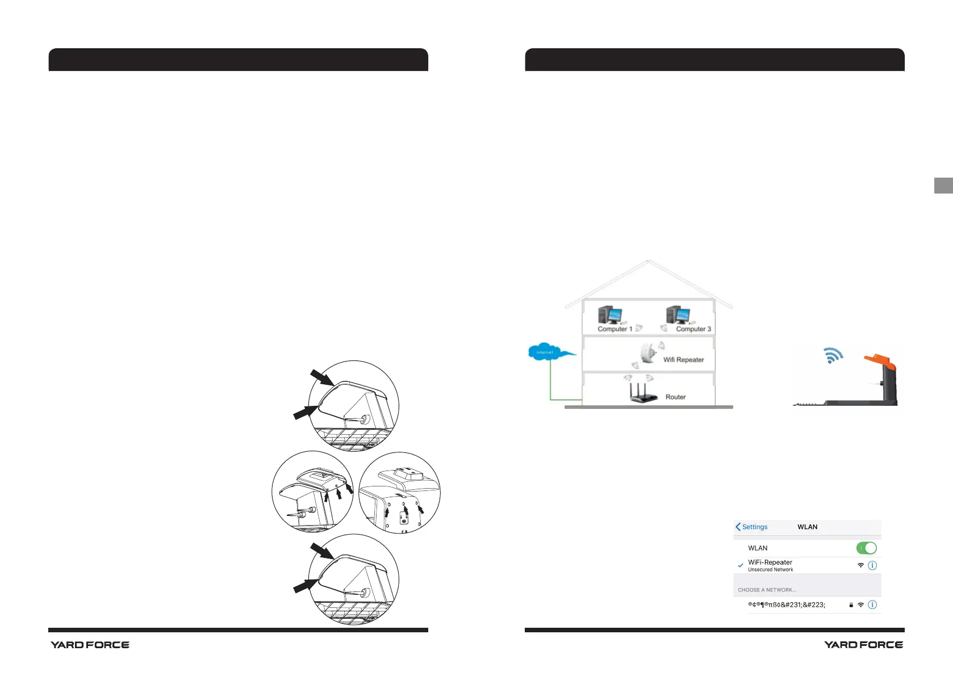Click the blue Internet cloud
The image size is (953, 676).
pyautogui.click(x=545, y=352)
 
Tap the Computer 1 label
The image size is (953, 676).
pyautogui.click(x=615, y=329)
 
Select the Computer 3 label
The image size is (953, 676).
pyautogui.click(x=693, y=329)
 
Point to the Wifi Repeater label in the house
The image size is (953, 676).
pyautogui.click(x=683, y=360)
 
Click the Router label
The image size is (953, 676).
pyautogui.click(x=675, y=397)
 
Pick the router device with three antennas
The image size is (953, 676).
pyautogui.click(x=643, y=394)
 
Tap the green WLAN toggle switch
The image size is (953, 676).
pyautogui.click(x=866, y=548)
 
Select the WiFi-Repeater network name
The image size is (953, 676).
pyautogui.click(x=770, y=562)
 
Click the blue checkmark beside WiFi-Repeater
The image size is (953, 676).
pyautogui.click(x=741, y=565)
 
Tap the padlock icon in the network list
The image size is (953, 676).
pyautogui.click(x=851, y=605)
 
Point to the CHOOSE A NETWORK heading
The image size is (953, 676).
pyautogui.click(x=767, y=590)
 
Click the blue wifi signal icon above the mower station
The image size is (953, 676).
pyautogui.click(x=833, y=355)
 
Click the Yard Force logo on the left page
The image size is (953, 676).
pyautogui.click(x=90, y=645)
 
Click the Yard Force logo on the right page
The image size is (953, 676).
pyautogui.click(x=863, y=645)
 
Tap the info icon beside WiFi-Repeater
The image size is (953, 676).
pyautogui.click(x=873, y=565)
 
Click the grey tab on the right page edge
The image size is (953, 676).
pyautogui.click(x=943, y=186)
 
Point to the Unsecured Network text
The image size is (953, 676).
pyautogui.click(x=770, y=570)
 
